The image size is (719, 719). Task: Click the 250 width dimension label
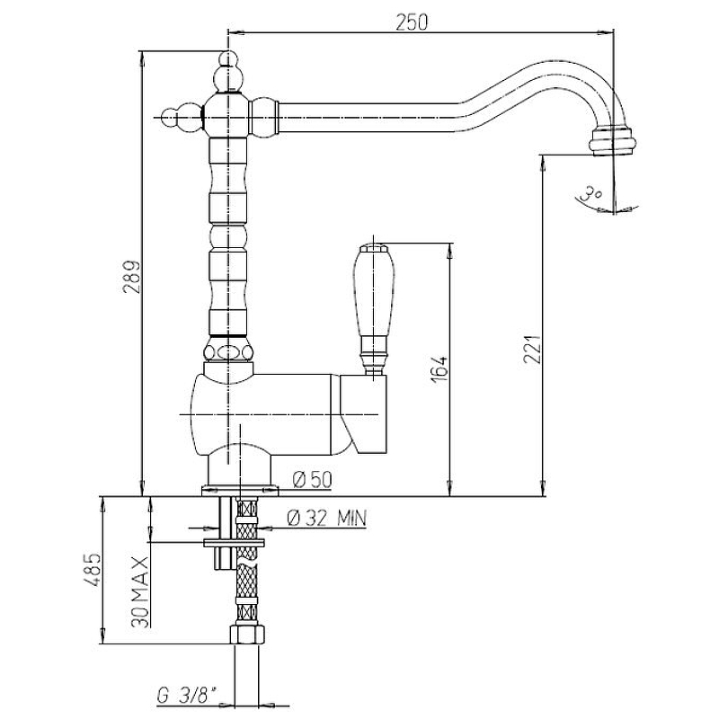(412, 22)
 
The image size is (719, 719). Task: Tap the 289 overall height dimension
(131, 277)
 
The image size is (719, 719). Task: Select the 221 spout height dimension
(533, 349)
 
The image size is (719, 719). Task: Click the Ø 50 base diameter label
(312, 480)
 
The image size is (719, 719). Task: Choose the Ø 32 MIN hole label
(327, 519)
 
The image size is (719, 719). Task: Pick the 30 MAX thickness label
(140, 591)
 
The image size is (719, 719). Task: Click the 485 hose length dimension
(92, 570)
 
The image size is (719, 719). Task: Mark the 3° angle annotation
(591, 193)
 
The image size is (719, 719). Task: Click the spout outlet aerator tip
(612, 142)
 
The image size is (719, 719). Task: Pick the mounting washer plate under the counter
(234, 543)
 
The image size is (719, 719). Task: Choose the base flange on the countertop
(240, 491)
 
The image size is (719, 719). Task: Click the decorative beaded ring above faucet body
(228, 352)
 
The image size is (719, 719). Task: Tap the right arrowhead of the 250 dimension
(608, 32)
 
